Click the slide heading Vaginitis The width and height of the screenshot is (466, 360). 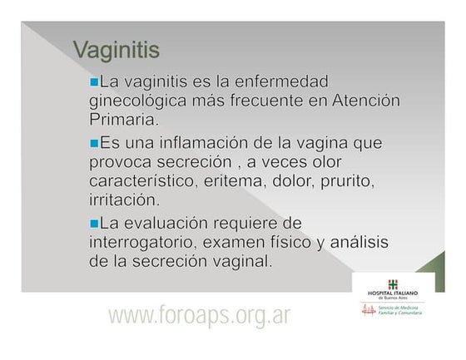point(116,50)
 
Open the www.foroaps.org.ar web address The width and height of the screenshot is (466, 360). point(199,316)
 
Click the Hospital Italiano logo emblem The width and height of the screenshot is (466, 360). point(393,284)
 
